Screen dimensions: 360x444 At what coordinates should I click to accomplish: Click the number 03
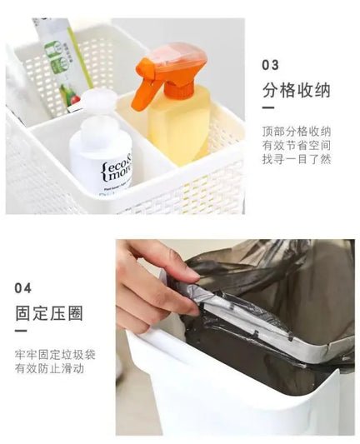(x=271, y=65)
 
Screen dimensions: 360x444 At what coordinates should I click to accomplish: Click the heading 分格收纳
(x=297, y=90)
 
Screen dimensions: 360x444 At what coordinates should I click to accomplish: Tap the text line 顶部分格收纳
(x=297, y=132)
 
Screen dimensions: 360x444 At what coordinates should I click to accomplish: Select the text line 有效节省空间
(x=297, y=146)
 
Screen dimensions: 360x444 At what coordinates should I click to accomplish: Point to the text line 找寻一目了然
(x=297, y=159)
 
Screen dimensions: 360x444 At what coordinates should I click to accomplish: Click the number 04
(x=23, y=288)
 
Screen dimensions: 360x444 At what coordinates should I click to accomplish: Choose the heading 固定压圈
(x=49, y=313)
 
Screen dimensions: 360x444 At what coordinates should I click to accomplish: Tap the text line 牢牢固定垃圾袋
(x=55, y=355)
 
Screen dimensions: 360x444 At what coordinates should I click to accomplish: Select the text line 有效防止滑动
(x=49, y=369)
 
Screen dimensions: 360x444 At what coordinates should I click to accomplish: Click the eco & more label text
(x=117, y=172)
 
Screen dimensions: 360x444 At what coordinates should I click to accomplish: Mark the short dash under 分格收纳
(x=268, y=107)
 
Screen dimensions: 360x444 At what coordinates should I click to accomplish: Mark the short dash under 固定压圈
(x=21, y=331)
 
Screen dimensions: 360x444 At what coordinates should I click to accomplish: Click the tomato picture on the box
(x=76, y=100)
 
